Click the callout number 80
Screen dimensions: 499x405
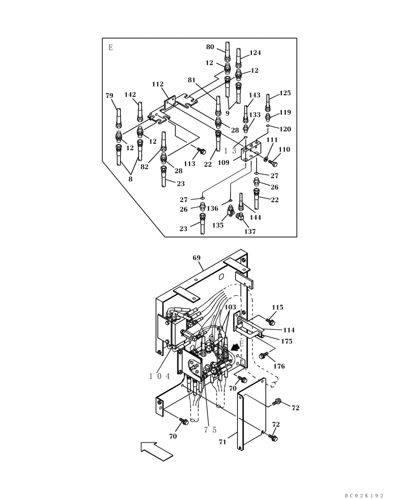[x=210, y=47]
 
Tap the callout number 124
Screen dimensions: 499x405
[x=255, y=52]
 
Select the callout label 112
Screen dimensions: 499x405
[x=158, y=84]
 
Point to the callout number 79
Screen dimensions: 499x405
[x=110, y=95]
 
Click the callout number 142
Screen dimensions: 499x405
[x=130, y=94]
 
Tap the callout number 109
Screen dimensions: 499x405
[x=223, y=162]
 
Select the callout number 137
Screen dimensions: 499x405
[x=250, y=231]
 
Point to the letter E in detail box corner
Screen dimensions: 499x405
[x=110, y=48]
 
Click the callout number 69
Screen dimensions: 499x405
[x=197, y=258]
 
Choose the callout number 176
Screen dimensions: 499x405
[x=279, y=366]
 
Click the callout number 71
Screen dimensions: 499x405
[x=223, y=442]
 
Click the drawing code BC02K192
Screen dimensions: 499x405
[x=364, y=495]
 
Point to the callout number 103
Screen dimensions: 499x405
[x=230, y=308]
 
